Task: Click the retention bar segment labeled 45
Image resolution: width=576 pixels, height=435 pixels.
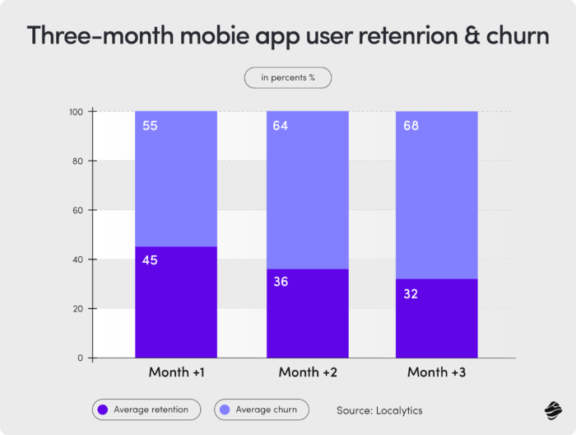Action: point(175,302)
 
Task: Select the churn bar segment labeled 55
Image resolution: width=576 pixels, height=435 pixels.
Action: point(175,179)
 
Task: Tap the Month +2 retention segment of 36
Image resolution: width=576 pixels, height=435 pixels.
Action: point(307,313)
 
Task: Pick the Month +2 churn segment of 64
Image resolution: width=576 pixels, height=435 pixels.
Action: point(307,190)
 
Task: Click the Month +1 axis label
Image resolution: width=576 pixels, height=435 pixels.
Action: point(175,372)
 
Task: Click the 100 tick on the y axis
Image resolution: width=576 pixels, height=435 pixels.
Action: point(78,111)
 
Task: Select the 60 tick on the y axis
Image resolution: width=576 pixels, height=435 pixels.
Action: point(81,210)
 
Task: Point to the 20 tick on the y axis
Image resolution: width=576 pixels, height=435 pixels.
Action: point(81,309)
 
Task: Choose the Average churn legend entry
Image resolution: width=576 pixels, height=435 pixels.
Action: point(261,409)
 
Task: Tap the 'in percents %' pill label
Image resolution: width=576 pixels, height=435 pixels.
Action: point(288,77)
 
